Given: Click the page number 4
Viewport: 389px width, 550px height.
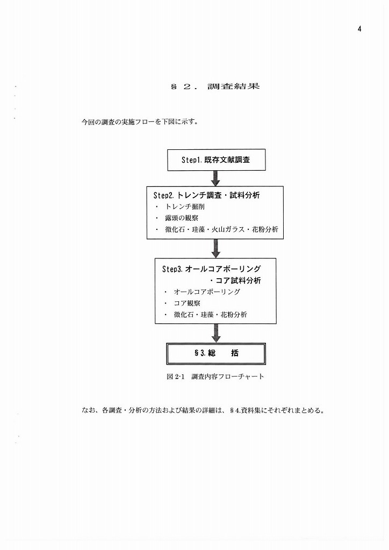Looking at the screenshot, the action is click(359, 29).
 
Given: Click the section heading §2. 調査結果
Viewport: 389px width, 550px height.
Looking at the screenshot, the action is click(215, 86).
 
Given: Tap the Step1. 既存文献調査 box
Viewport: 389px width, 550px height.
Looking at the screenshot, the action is click(216, 160).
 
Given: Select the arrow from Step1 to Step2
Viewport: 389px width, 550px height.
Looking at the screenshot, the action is click(215, 178).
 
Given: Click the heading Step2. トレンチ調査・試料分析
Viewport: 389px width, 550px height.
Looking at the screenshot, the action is click(207, 195).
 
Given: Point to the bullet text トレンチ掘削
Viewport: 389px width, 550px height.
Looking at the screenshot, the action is click(185, 207).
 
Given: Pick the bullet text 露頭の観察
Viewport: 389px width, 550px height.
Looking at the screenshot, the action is click(182, 218).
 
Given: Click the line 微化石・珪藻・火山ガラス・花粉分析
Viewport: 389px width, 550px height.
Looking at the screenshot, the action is click(222, 229).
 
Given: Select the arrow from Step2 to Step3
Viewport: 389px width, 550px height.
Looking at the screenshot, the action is click(215, 249).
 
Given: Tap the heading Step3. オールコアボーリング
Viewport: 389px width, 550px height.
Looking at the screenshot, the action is click(212, 269).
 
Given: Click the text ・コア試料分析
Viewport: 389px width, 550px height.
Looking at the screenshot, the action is click(235, 280).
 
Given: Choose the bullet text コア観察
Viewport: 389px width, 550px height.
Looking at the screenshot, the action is click(187, 303).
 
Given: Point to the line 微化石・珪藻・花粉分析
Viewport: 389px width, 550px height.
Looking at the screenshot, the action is click(211, 315).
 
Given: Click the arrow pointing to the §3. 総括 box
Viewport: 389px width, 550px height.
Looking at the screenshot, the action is click(215, 333).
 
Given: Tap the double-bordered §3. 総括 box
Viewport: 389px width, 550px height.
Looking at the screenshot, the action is click(216, 353).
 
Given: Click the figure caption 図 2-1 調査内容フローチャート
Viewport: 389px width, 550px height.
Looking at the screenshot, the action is click(215, 377).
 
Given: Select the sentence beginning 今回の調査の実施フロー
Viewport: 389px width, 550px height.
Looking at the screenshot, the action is click(140, 122).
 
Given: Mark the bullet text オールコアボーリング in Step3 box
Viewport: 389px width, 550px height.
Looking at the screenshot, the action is click(207, 292).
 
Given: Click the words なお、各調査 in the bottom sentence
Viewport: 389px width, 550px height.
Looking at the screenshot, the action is click(102, 410).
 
